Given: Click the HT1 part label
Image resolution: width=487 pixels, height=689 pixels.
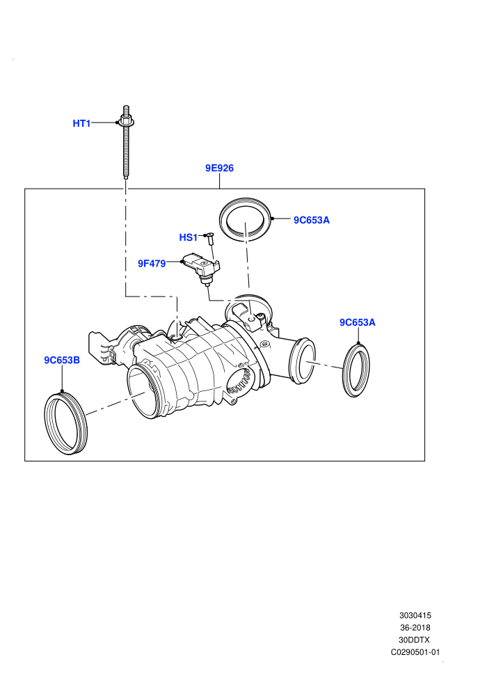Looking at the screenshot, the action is pos(81,123).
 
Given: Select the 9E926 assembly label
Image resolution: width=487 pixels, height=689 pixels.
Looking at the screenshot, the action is pos(220,168).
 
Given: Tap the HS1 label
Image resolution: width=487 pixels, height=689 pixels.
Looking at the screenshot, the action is pos(188,237).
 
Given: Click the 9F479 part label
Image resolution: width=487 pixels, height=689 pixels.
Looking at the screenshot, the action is pos(152,263).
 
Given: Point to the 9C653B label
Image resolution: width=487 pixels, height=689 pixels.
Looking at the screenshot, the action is pos(62,360).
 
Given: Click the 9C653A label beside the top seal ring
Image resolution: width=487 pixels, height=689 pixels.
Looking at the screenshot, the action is pos(312,220).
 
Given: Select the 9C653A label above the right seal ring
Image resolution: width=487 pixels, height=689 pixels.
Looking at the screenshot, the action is pos(358,322).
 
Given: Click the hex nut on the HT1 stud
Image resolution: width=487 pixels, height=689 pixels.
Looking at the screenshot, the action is pos(127,122).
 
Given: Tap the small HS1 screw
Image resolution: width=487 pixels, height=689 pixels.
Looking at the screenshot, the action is pos(209,240).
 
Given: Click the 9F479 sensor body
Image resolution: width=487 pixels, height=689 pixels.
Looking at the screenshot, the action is pos(201,267).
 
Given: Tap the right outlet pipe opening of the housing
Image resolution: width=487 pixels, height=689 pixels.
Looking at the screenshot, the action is pos(302,361).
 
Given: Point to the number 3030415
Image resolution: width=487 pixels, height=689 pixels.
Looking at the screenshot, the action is pos(415,616).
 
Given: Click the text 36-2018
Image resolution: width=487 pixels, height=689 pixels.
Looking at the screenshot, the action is pos(415,628).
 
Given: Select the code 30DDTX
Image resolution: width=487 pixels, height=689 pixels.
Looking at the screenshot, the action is pos(415,640).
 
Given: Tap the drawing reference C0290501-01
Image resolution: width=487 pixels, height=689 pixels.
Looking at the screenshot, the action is pos(415,653).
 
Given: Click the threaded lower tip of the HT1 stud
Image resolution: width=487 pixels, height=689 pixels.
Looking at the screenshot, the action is pos(126,177).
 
